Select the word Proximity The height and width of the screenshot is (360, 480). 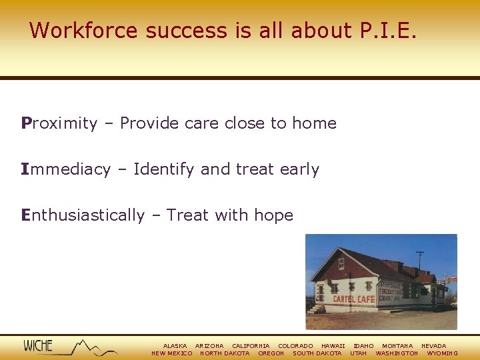(59, 123)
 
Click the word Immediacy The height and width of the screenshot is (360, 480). (65, 169)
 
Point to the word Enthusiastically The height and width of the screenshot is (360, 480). (83, 215)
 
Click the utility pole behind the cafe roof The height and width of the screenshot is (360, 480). (420, 259)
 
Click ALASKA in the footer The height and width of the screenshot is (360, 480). (175, 346)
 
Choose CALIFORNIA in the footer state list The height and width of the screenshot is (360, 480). (251, 346)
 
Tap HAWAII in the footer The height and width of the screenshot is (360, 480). (333, 346)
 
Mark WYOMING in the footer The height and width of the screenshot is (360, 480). (442, 353)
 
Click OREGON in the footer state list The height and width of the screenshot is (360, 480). (271, 353)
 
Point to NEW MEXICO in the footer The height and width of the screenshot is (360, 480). (172, 353)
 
